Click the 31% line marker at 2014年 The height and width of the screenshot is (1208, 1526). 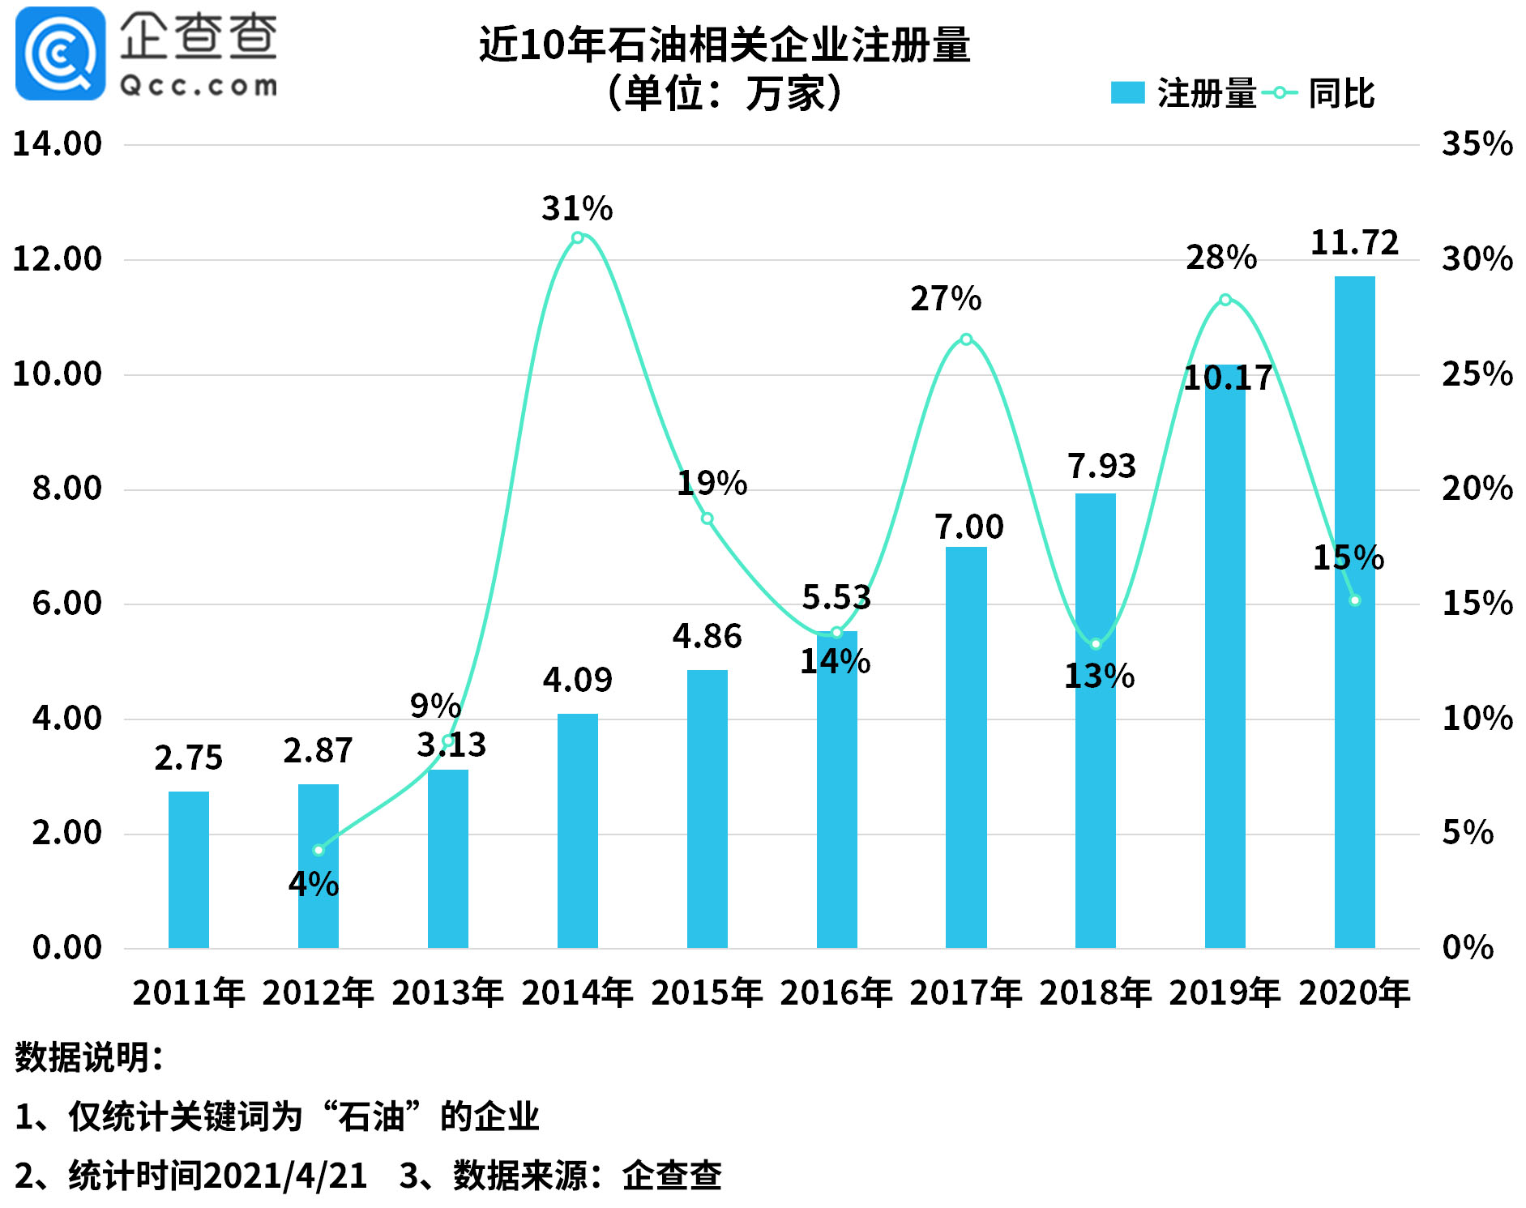(577, 237)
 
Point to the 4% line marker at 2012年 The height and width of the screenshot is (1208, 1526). (318, 850)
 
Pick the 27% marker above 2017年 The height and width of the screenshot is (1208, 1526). (966, 339)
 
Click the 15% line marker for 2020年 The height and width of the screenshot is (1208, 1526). (1354, 600)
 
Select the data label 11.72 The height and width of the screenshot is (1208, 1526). (1354, 242)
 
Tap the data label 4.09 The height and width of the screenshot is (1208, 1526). (577, 679)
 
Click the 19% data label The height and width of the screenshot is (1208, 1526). (712, 483)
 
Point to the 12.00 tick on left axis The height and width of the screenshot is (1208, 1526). (57, 259)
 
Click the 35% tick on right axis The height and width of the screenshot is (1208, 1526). (1477, 144)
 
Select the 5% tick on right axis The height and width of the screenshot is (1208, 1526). (1467, 833)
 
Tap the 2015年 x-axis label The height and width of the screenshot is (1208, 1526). (707, 992)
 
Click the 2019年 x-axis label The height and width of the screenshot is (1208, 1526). (1225, 992)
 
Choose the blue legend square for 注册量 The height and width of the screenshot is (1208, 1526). (1126, 93)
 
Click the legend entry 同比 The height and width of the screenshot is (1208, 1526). (1340, 93)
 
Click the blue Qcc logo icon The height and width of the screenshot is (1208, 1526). (60, 53)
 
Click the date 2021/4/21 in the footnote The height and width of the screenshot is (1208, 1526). (285, 1176)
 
